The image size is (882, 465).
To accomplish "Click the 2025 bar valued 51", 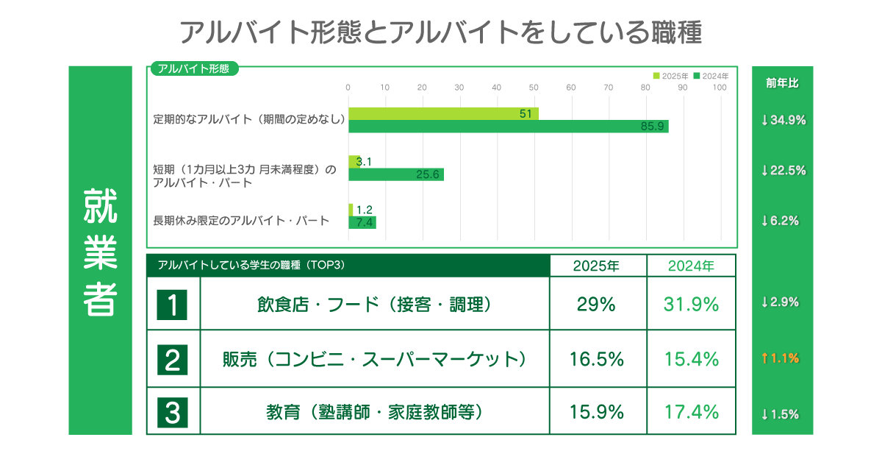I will point(443,113).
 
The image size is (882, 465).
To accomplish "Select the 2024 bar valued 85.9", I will point(508,126).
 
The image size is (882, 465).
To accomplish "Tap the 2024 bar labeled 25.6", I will point(395,174).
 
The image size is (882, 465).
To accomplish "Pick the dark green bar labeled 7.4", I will point(362,222).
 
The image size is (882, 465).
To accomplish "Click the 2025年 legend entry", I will point(671,76).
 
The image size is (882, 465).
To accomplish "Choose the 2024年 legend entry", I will point(711,76).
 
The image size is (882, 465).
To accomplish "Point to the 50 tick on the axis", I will point(534,88).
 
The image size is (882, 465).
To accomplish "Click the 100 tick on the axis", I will point(720,88).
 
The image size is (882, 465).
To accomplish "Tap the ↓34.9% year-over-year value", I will point(784,120).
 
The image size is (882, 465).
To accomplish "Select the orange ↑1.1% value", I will point(784,358).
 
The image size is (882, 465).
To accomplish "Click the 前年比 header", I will point(782,83).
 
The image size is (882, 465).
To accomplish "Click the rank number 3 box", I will point(173,412).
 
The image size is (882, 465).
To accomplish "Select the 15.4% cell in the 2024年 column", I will point(691,359).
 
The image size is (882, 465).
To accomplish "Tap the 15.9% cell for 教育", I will point(597,412).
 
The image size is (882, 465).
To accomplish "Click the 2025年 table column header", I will point(597,266).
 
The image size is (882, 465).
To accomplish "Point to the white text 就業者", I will point(100,251).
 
